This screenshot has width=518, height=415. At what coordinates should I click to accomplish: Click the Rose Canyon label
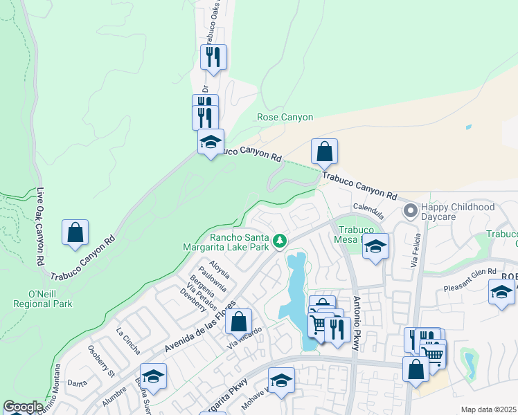pyautogui.click(x=285, y=118)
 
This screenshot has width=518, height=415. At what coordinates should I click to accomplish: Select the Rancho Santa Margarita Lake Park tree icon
pyautogui.click(x=280, y=241)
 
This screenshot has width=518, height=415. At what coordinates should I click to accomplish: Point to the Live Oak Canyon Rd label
pyautogui.click(x=41, y=226)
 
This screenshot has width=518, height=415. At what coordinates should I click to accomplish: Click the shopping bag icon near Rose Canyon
pyautogui.click(x=324, y=151)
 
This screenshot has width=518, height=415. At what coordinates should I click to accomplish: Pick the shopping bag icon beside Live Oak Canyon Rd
pyautogui.click(x=75, y=232)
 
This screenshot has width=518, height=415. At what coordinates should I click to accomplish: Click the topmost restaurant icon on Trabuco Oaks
pyautogui.click(x=213, y=57)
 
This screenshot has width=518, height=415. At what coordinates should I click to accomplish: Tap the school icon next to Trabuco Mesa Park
pyautogui.click(x=375, y=246)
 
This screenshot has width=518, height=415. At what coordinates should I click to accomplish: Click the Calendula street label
pyautogui.click(x=368, y=207)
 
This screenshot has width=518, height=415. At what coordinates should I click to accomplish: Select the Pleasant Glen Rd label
pyautogui.click(x=472, y=271)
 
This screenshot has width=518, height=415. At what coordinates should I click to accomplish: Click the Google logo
pyautogui.click(x=22, y=407)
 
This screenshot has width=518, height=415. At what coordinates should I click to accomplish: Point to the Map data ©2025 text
pyautogui.click(x=488, y=409)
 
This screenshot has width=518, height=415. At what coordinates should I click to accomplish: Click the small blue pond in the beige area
pyautogui.click(x=469, y=127)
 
